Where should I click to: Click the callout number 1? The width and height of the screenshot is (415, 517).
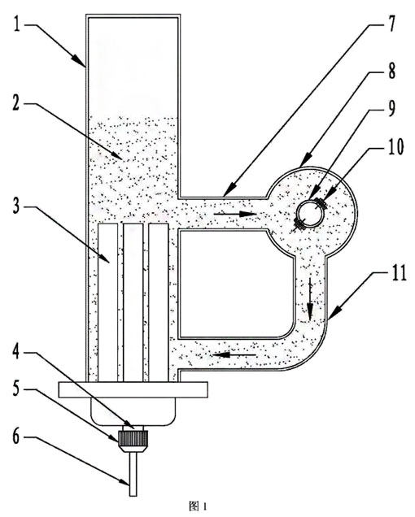point(16,24)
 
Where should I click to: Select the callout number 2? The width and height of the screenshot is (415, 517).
point(16,104)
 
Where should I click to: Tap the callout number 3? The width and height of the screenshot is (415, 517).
point(16,206)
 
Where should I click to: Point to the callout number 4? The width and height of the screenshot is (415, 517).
point(16,353)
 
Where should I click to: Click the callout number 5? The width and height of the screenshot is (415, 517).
point(16,389)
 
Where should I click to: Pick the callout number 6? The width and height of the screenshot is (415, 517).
point(16,437)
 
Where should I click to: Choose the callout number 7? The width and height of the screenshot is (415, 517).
point(391,24)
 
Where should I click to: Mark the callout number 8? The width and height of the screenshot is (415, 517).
point(391,71)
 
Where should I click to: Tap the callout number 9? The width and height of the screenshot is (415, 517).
point(391,109)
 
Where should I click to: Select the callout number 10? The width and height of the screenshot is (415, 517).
point(395,147)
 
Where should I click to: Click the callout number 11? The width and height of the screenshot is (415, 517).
point(399,273)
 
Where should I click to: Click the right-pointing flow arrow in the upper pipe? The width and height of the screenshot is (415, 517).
point(235,214)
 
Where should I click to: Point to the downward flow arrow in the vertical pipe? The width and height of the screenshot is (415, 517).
point(310,298)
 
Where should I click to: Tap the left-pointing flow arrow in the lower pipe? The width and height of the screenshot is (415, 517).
point(234,354)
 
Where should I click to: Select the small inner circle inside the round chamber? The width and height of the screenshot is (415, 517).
point(309,213)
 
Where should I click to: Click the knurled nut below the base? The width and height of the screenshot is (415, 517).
point(133,438)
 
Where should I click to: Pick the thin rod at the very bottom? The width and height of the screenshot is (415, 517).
point(133,474)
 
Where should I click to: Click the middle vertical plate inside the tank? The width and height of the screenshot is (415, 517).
point(133,303)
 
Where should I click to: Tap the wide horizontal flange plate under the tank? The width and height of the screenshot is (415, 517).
point(133,389)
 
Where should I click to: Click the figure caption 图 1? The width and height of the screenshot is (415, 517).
point(199,506)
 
